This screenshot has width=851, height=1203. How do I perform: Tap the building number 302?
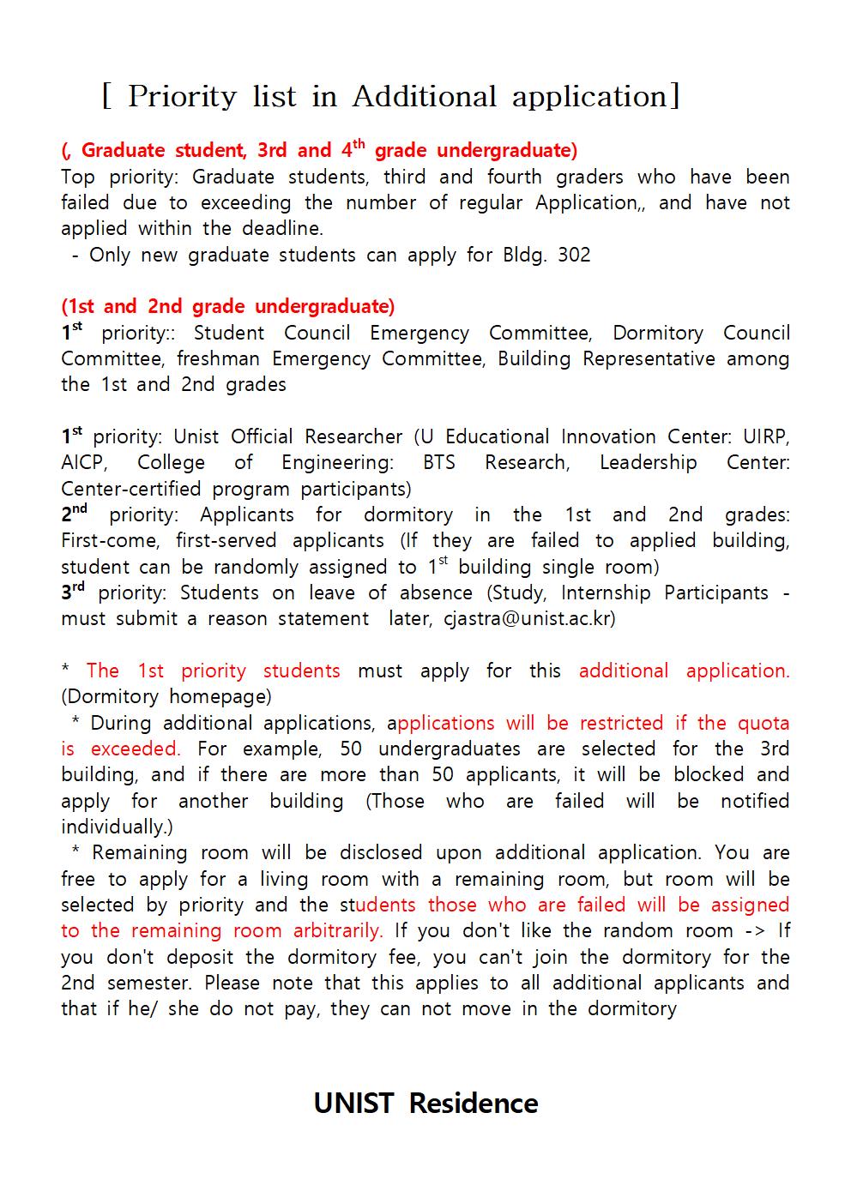coord(574,255)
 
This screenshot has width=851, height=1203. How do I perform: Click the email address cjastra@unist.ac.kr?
coord(529,618)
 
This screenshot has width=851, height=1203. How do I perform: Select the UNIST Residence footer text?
coord(425,1103)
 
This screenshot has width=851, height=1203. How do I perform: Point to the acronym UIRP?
coord(765,436)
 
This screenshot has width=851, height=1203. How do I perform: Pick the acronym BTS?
coord(439,463)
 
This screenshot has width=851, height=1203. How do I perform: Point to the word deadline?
coord(285,228)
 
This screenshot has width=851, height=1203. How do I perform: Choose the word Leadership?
coord(648,463)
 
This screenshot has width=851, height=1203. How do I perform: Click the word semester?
coord(150,983)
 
